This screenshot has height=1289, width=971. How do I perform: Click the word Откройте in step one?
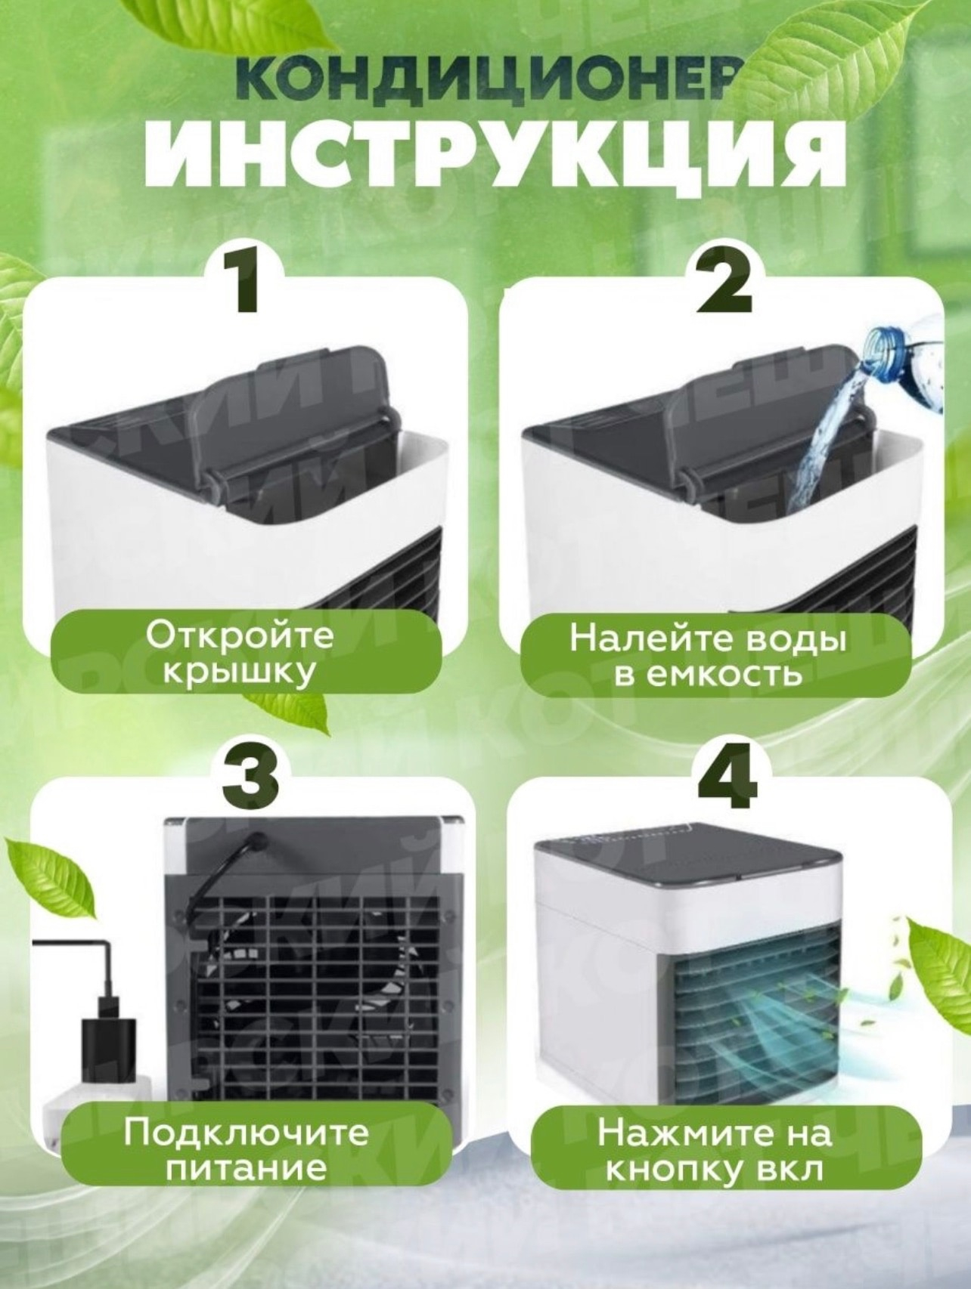pos(239,635)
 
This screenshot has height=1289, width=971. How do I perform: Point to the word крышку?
pos(239,672)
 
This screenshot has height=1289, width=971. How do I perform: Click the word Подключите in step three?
pos(247,1133)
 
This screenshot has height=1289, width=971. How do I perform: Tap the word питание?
pos(247,1168)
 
